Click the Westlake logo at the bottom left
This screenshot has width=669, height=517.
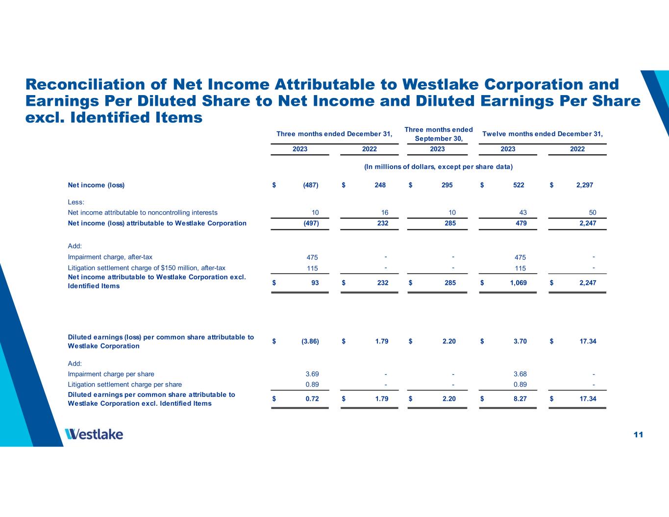click(94, 434)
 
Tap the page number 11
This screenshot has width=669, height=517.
click(638, 435)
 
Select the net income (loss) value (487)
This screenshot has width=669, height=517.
click(310, 185)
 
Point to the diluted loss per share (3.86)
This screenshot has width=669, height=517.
click(310, 341)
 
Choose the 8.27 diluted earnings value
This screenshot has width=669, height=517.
click(520, 399)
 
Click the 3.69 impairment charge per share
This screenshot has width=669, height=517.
click(312, 374)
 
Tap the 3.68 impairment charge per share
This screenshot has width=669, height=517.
click(520, 374)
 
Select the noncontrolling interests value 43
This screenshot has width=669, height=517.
click(522, 213)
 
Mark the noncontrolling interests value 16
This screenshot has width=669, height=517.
click(384, 213)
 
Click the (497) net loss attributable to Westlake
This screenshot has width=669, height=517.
click(310, 223)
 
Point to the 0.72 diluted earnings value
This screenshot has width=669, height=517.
click(312, 399)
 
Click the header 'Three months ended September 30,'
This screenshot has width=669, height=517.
click(438, 134)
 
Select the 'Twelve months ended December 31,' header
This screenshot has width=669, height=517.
click(543, 134)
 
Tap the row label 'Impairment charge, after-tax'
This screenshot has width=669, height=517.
click(110, 257)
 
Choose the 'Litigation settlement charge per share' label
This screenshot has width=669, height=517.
click(124, 385)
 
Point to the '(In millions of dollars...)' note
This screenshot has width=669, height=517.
click(438, 167)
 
